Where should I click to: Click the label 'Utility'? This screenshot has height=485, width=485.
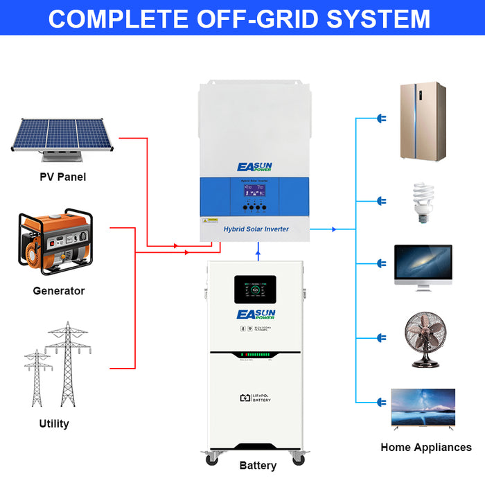(54, 423)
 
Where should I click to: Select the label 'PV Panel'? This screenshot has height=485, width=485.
(62, 177)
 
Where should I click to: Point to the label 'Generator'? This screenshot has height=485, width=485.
(59, 291)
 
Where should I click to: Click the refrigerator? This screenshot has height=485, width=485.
(422, 122)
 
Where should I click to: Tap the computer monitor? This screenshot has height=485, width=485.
(423, 266)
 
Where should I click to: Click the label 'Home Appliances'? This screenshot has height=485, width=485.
(425, 447)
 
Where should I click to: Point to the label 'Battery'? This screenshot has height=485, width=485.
(258, 466)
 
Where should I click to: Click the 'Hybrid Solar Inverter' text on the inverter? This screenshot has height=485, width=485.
(256, 229)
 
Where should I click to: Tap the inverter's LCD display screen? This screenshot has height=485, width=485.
(251, 191)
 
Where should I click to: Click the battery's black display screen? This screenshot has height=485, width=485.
(255, 290)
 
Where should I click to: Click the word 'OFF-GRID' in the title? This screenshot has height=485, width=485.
(242, 19)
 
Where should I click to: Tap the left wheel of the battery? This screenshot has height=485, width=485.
(211, 458)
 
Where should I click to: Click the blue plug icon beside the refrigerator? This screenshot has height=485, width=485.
(380, 119)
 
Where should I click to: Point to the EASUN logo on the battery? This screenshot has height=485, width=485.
(256, 316)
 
